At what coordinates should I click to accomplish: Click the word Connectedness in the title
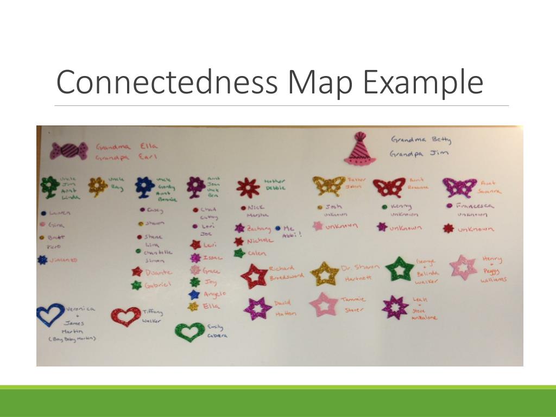pos(168,82)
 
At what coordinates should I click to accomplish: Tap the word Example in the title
pos(423,82)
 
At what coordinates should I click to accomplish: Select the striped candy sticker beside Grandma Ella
pos(68,150)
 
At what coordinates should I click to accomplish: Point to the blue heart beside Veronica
pos(50,314)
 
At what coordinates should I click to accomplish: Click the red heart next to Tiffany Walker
pos(125,315)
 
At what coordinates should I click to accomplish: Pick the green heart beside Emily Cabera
pos(189,331)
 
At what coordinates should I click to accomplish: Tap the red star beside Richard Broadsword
pos(254,276)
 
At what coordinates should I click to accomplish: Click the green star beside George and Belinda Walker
pos(400,269)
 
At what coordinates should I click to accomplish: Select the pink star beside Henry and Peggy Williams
pos(464,267)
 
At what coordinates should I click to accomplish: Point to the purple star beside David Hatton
pos(258,308)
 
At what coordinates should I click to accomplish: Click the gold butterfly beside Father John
pos(329,186)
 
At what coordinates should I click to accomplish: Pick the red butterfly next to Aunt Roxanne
pos(389,187)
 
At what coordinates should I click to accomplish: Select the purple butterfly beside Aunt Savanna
pos(459,187)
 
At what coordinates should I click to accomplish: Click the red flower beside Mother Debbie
pos(248,187)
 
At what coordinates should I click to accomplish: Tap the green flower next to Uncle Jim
pos(50,186)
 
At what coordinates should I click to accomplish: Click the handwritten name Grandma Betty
pos(421,140)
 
